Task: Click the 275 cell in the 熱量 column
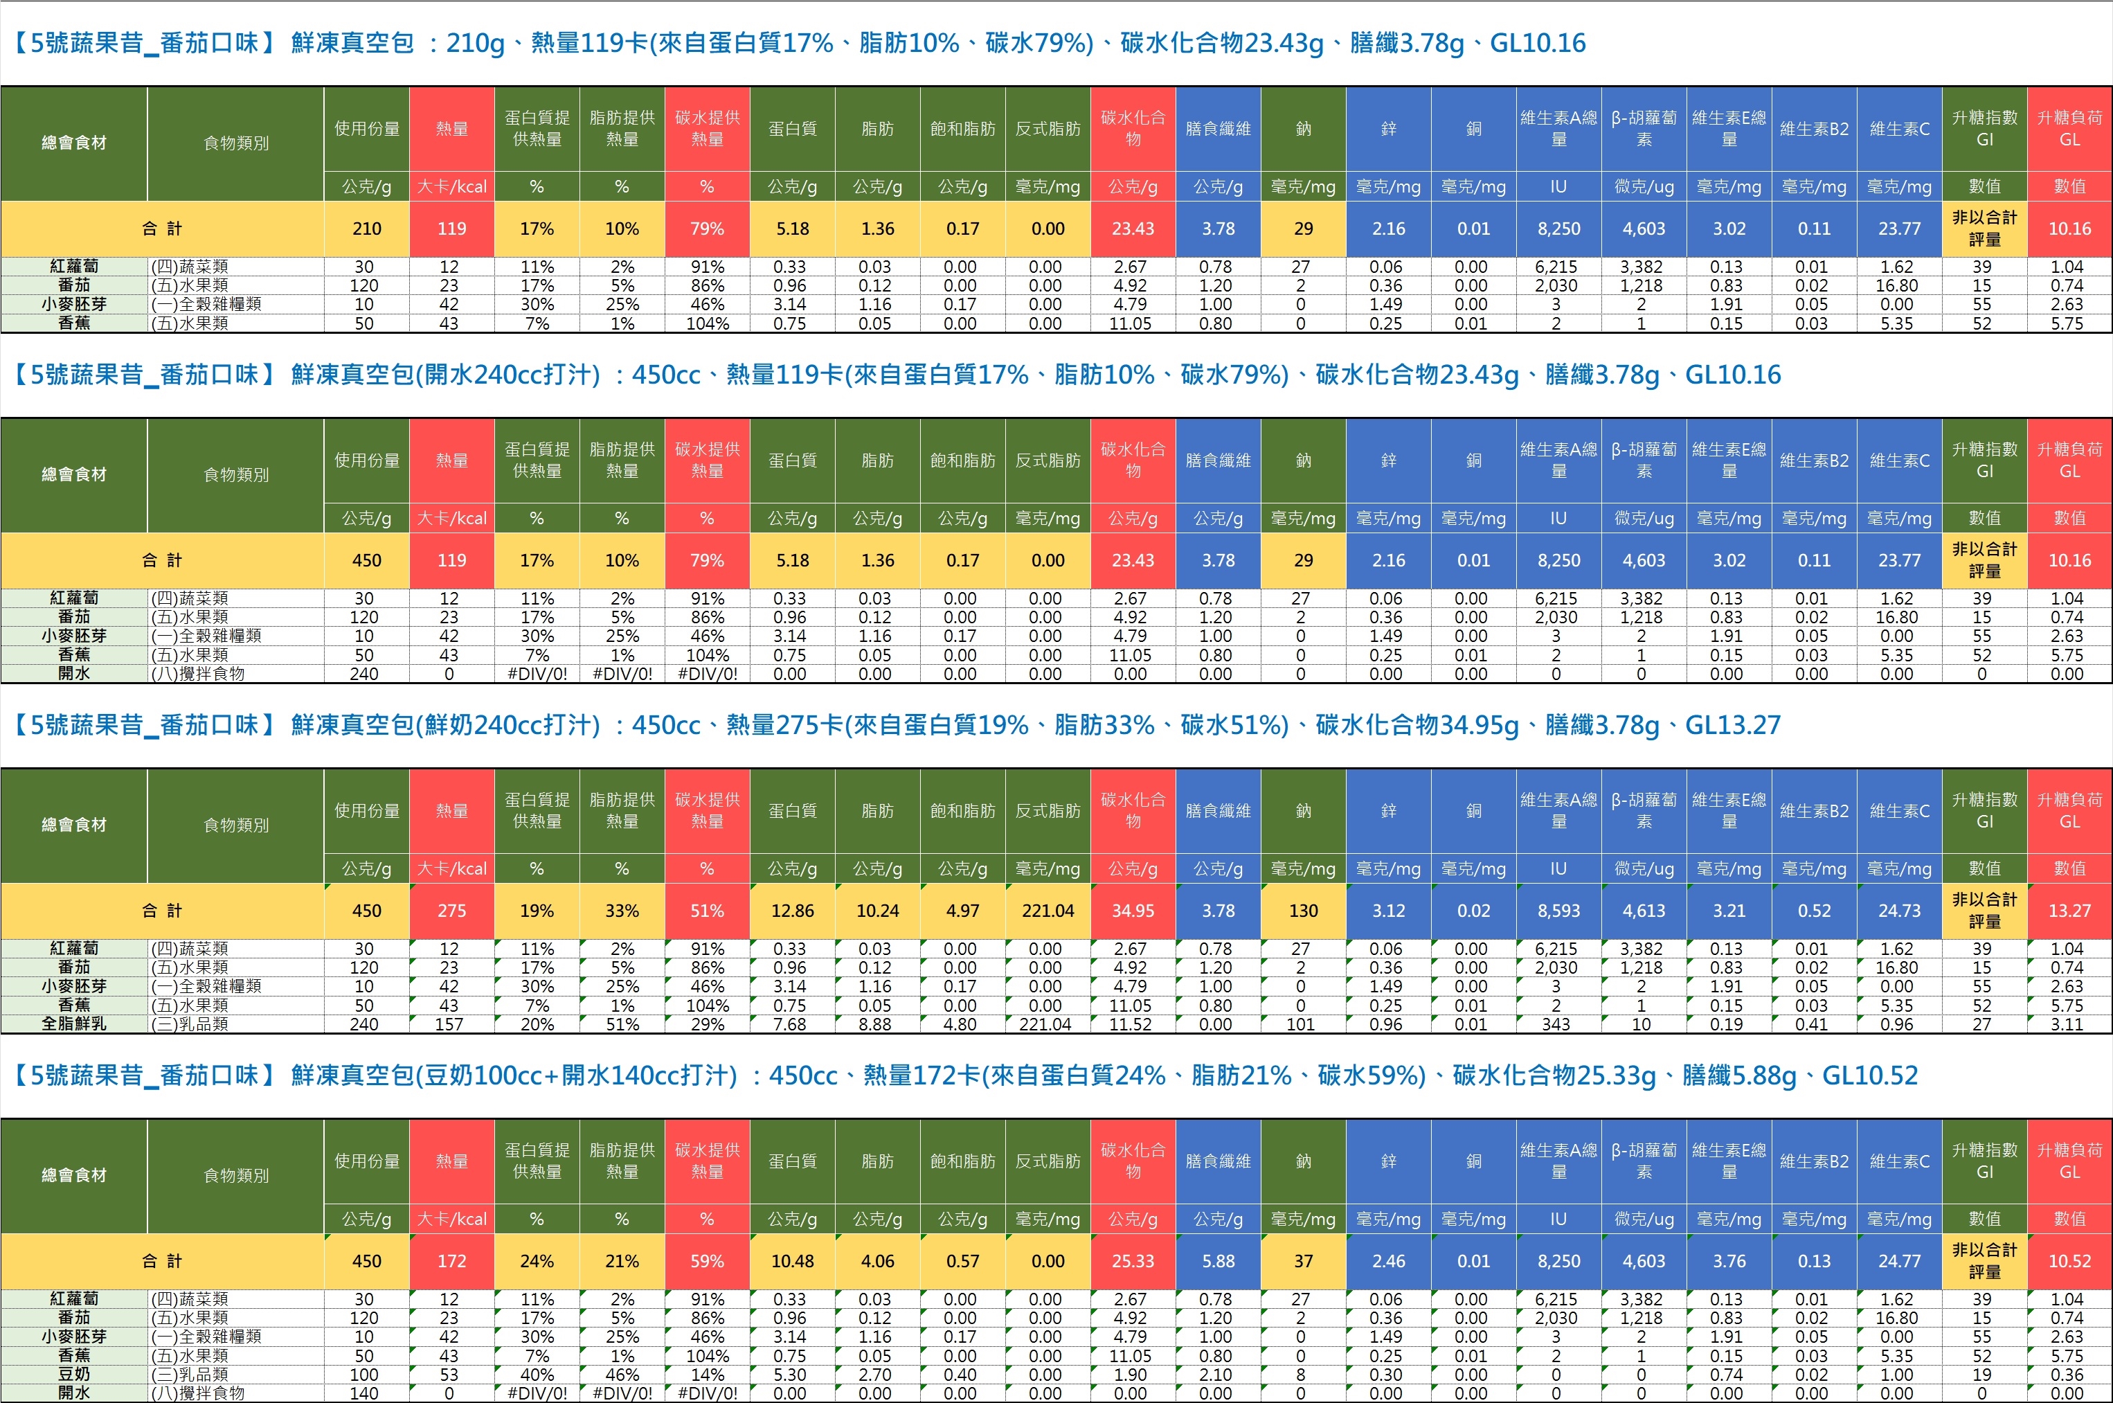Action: tap(452, 911)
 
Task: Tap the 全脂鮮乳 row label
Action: tap(73, 1024)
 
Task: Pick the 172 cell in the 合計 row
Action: tap(452, 1261)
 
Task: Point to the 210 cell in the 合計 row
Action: tap(367, 228)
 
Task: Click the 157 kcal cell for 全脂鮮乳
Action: tap(449, 1024)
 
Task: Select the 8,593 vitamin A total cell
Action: tap(1559, 911)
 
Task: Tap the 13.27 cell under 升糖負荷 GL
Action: tap(2070, 911)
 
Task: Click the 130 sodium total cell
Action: tap(1304, 911)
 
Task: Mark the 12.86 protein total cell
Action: tap(793, 911)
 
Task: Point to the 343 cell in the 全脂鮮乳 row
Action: tap(1556, 1024)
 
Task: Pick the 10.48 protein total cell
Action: tap(793, 1261)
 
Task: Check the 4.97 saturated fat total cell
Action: tap(962, 911)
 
